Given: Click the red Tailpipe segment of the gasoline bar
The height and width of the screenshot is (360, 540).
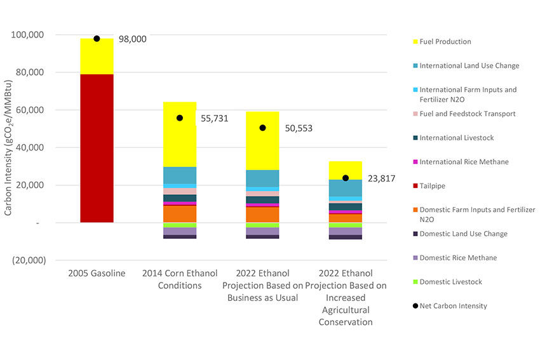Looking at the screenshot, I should point(97,149).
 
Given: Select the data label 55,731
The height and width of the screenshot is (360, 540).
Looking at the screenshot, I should point(214,119).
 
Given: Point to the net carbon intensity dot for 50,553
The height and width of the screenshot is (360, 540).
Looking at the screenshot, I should point(262,128).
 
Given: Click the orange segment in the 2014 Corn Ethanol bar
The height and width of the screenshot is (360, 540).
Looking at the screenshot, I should point(180,214).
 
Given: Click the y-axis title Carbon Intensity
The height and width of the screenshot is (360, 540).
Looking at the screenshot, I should point(8,148).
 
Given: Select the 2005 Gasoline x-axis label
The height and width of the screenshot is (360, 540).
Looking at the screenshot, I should point(97,274).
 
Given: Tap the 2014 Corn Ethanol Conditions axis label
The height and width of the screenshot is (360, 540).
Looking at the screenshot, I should point(180,279).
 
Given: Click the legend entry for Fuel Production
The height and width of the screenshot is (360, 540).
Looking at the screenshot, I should point(445,42).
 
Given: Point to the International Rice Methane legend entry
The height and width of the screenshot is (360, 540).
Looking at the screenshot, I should point(463,162).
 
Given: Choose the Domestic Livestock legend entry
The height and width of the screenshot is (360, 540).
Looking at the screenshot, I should point(450,282).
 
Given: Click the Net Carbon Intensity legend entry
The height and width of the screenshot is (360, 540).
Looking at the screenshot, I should point(453,306).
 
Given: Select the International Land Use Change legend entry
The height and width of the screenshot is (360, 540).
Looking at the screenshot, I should point(469,66).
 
